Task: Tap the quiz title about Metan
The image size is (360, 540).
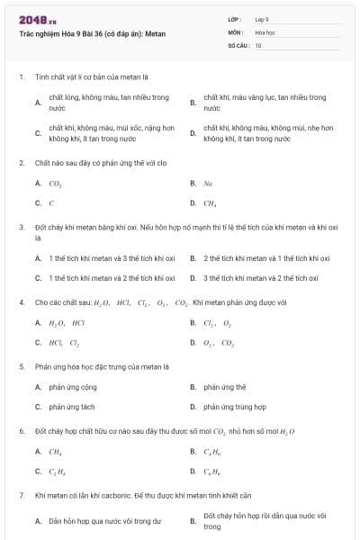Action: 79,34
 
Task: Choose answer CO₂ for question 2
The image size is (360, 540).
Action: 55,184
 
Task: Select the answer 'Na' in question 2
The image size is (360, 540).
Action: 208,184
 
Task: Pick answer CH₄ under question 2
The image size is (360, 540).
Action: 210,203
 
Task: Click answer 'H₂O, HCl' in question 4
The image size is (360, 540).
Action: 67,322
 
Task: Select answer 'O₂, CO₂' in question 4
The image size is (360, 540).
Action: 219,343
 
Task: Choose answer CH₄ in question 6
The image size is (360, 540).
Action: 56,452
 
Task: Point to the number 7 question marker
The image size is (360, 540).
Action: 21,496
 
